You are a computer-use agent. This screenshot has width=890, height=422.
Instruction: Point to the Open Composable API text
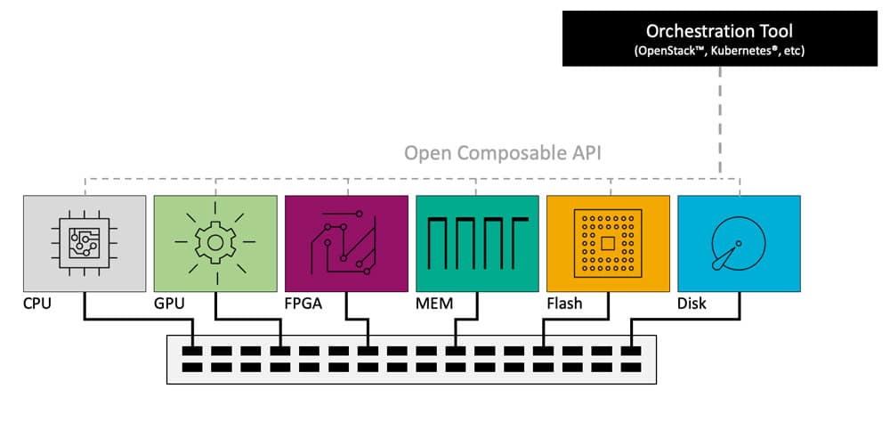pos(503,152)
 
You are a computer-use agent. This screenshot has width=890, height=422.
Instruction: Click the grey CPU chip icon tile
pos(85,243)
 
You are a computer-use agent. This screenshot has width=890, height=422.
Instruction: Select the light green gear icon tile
pos(215,243)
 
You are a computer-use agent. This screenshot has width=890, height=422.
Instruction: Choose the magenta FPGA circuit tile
pos(346,243)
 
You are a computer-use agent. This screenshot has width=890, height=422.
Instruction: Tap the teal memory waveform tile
pos(477,243)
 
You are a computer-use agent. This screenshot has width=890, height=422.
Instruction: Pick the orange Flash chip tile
pos(608,243)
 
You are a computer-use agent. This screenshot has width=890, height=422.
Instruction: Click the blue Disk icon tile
pos(739,243)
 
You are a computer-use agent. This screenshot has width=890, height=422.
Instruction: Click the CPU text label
pos(38,304)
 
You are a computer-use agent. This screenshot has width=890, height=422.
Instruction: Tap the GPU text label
pos(170,304)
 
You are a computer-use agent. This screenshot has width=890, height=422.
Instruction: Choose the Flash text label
pos(564,304)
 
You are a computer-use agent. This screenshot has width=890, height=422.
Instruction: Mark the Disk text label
pos(692,304)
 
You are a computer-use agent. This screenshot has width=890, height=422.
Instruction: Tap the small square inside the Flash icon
pos(608,243)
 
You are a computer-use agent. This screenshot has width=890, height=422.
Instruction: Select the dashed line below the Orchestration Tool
pos(719,116)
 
